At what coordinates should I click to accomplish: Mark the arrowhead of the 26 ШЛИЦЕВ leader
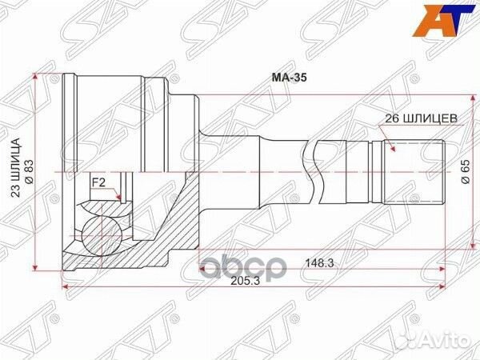pos(387,146)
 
